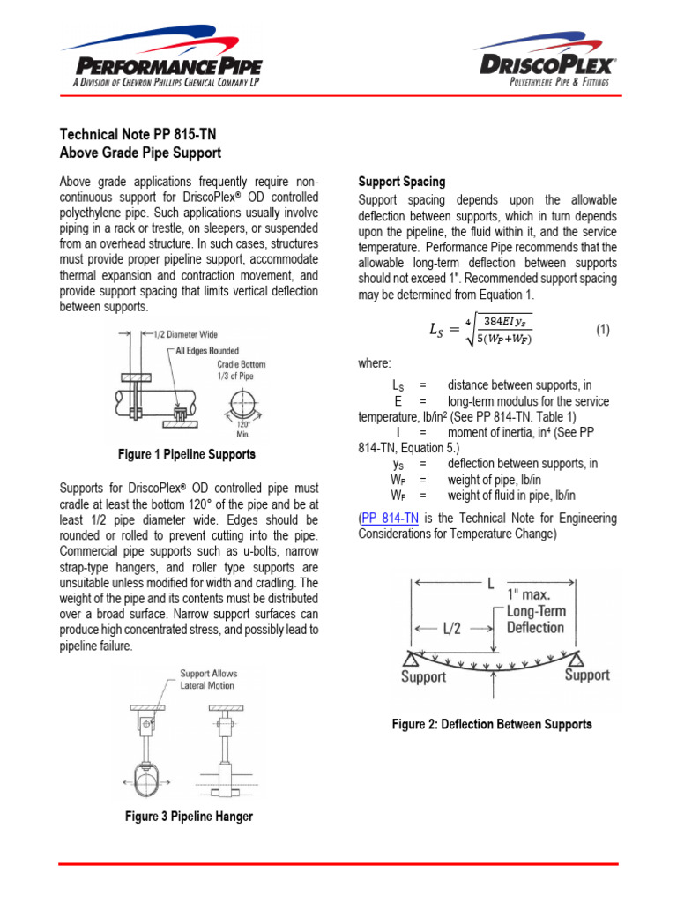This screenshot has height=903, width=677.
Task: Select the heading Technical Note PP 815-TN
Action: [x=137, y=135]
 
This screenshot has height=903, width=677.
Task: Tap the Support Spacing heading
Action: [x=401, y=182]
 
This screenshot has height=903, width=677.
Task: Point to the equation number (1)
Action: [x=602, y=330]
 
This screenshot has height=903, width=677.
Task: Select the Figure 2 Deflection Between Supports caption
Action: [x=491, y=724]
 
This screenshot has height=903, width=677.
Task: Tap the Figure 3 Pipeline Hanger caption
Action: [x=189, y=817]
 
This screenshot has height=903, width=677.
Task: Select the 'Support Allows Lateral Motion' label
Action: [x=208, y=679]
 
